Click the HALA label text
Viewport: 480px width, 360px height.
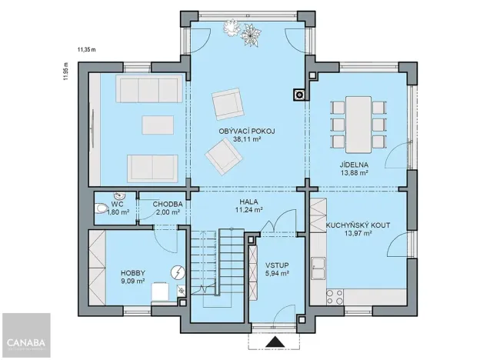point(247,200)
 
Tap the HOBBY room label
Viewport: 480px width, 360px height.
point(134,273)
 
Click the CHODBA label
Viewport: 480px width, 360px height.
point(167,204)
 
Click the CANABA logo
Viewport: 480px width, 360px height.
point(26,342)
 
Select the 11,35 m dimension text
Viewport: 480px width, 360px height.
point(86,50)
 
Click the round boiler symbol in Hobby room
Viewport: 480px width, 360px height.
point(177,272)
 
